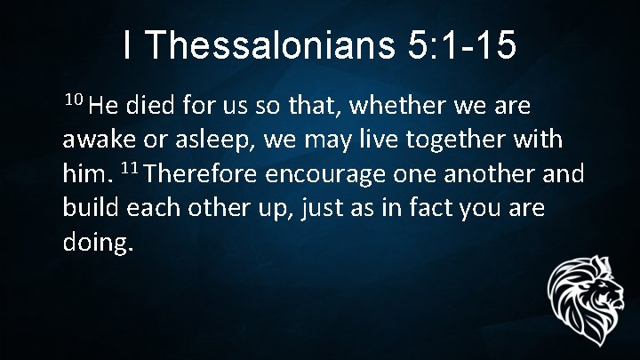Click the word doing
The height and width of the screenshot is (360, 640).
[97, 241]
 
